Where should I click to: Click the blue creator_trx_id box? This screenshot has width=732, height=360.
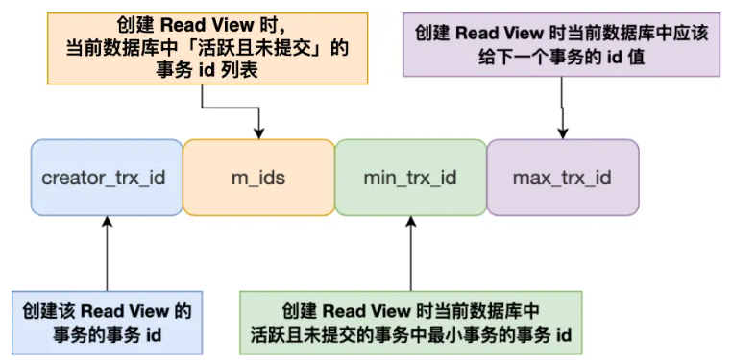(x=106, y=178)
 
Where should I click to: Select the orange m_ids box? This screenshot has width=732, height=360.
(x=257, y=178)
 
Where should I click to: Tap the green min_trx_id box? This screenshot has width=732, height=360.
(x=410, y=178)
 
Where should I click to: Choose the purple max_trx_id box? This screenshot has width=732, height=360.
(x=562, y=178)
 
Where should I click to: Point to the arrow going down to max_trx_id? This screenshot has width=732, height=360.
(x=562, y=110)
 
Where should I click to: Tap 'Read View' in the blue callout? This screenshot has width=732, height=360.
(x=124, y=311)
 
